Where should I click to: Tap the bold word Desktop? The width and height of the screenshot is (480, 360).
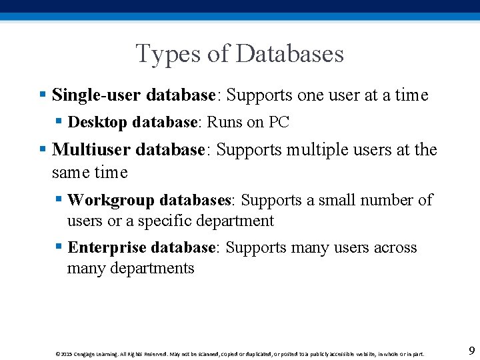point(98,123)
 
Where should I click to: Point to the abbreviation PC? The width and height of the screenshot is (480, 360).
point(279,123)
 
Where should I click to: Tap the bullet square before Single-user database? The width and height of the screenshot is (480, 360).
point(43,95)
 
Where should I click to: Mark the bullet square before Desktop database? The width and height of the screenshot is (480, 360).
point(59,123)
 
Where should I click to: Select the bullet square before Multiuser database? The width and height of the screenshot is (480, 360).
point(43,149)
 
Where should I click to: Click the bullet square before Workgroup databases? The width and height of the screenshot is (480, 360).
point(59,200)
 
